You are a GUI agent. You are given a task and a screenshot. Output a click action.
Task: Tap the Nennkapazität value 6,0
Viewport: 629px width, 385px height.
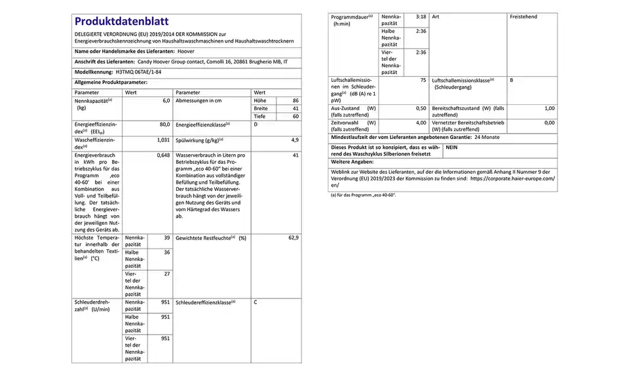tap(166, 100)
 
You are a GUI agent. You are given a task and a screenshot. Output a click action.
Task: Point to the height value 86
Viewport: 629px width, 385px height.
tap(295, 100)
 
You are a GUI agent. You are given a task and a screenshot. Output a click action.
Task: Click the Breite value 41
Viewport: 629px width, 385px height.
tap(295, 108)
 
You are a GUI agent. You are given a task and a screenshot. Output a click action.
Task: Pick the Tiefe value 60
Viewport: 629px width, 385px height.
tap(295, 116)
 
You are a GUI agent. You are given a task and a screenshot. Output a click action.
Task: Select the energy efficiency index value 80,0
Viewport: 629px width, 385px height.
tap(165, 124)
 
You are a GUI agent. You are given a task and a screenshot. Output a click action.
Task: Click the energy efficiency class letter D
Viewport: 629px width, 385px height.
tap(256, 124)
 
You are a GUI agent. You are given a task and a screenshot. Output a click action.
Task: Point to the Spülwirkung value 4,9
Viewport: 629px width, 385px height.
tap(295, 140)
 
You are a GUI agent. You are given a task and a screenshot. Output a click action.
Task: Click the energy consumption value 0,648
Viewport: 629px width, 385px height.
tap(163, 155)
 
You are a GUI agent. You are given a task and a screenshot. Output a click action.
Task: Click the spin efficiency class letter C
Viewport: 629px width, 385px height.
tap(256, 302)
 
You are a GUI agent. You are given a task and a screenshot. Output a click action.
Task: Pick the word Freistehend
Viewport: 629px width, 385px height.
tap(524, 16)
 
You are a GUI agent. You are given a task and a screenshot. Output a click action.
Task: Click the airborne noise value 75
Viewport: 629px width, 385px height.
tap(423, 80)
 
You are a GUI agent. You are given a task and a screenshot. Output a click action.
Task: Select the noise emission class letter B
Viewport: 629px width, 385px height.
tap(511, 80)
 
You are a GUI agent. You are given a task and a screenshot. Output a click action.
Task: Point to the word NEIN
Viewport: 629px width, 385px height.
tap(452, 148)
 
